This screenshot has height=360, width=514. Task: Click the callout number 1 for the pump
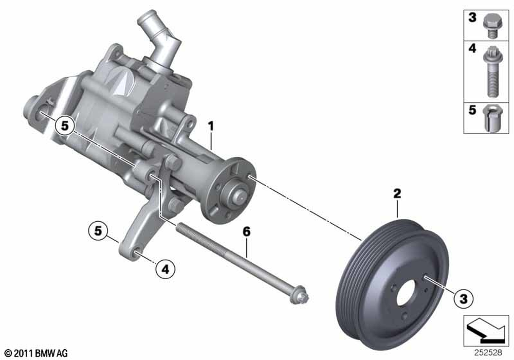(x=211, y=126)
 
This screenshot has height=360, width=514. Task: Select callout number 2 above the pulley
(x=397, y=193)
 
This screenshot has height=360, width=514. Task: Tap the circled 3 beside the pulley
(x=464, y=299)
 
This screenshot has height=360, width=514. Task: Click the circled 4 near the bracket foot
(x=165, y=269)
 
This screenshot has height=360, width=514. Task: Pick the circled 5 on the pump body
(x=65, y=125)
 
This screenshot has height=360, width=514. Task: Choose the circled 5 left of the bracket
(x=98, y=231)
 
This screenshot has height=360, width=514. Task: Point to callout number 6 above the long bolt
(x=247, y=232)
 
